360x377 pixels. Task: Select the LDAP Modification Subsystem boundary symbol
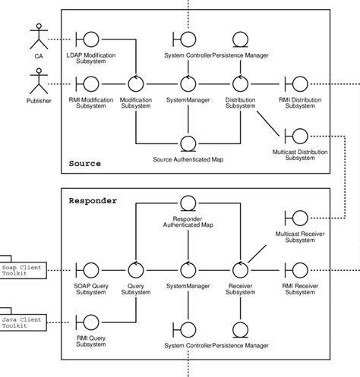tap(90, 39)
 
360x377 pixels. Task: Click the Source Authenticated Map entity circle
tap(188, 143)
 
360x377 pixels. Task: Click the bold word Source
tap(84, 164)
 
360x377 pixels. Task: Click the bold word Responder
tap(93, 202)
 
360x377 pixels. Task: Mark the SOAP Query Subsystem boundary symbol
tap(90, 269)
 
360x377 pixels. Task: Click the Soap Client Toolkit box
tap(23, 269)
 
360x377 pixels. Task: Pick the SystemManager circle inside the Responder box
tap(188, 269)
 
